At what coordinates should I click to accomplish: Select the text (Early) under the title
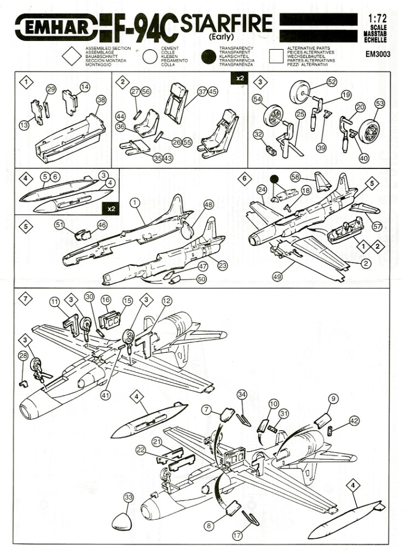tap(221, 38)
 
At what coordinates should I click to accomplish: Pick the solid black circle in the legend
tap(209, 56)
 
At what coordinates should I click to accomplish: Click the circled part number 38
tap(101, 100)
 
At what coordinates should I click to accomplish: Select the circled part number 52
tap(332, 81)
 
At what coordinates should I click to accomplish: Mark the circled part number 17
tap(237, 536)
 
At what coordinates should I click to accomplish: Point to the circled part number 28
tap(22, 356)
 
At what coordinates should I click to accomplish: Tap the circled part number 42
tap(354, 421)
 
